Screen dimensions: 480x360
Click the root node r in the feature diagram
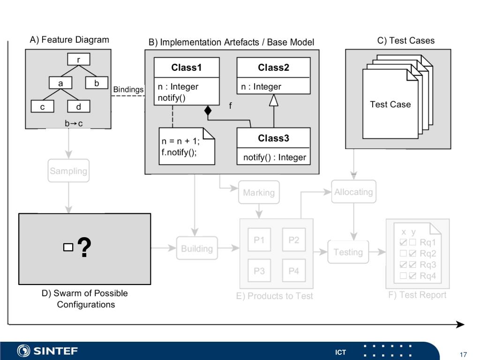pos(79,59)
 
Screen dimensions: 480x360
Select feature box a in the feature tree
pos(60,82)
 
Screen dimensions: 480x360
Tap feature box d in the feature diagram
pos(79,106)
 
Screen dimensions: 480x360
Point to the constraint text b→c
pos(74,123)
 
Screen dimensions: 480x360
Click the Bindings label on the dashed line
pos(128,90)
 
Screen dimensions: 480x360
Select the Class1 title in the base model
pos(187,67)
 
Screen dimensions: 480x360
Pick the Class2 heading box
pos(273,67)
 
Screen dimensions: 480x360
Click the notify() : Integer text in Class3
pos(275,157)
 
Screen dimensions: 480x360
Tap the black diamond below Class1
pos(208,110)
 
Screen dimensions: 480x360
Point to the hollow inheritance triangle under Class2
pos(274,100)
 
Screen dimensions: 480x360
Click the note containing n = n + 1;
pos(187,146)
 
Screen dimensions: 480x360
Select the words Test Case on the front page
pos(390,105)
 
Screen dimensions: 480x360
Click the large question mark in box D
pos(84,247)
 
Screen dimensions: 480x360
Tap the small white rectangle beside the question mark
pos(68,247)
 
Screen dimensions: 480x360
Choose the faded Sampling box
pos(68,171)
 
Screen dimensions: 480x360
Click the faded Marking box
pos(259,192)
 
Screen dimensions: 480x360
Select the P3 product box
pos(259,270)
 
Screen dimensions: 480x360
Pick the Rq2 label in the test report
pos(428,254)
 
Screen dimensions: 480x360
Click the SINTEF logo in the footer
pos(47,351)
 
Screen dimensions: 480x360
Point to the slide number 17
pos(463,354)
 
